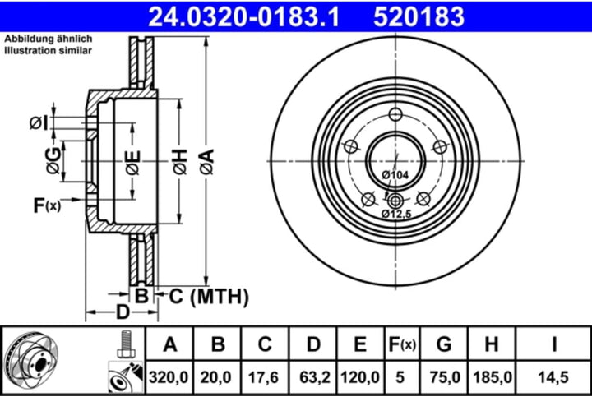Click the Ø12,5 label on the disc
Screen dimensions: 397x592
click(395, 214)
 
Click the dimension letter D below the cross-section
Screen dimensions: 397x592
click(122, 312)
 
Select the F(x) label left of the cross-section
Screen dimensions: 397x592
click(46, 205)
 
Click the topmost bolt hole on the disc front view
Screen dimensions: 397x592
click(395, 115)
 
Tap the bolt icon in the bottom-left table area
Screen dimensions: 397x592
click(125, 344)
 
